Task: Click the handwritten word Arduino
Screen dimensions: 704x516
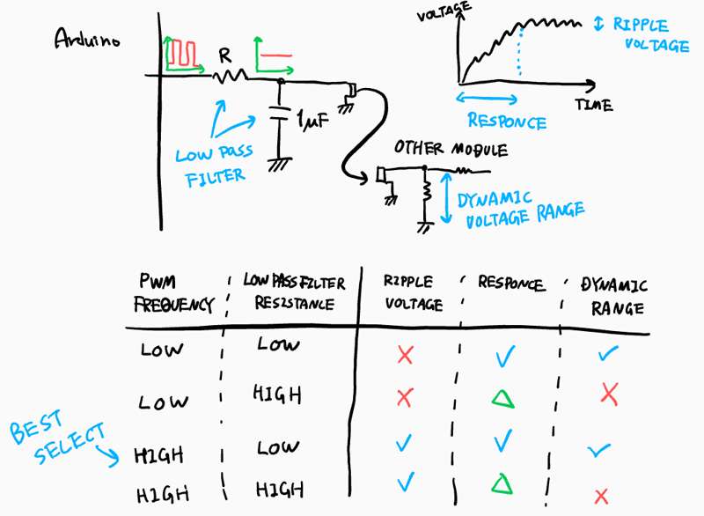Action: [87, 39]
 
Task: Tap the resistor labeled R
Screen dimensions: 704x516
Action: [230, 77]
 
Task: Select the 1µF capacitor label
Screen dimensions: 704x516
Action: [313, 120]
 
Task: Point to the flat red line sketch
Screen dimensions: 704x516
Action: [276, 55]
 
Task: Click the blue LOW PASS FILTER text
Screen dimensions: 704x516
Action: [215, 166]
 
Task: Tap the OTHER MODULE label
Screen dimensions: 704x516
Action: [451, 148]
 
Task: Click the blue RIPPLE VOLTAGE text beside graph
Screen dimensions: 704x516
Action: [651, 35]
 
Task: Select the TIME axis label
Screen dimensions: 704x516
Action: [594, 105]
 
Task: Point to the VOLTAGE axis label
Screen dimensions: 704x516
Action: [444, 11]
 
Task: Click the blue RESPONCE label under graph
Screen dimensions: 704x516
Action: [508, 122]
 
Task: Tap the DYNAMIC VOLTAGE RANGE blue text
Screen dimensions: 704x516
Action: [521, 210]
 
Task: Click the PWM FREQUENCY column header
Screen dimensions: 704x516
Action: [174, 293]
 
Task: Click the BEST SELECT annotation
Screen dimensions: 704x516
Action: [57, 437]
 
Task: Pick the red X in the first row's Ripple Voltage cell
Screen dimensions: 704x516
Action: [405, 355]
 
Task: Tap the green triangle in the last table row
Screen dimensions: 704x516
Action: [502, 484]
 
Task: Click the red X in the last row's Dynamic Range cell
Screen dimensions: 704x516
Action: [601, 497]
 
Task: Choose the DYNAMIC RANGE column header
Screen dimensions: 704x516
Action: [614, 297]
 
